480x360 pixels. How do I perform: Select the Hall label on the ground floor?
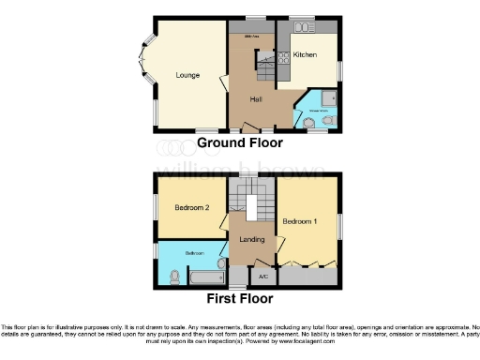[255, 97]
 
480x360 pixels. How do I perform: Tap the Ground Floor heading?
[239, 143]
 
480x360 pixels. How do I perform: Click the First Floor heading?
[240, 299]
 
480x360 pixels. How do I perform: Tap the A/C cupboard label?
[262, 277]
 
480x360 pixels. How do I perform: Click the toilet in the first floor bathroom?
[175, 277]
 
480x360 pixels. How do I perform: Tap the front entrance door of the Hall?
[254, 127]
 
